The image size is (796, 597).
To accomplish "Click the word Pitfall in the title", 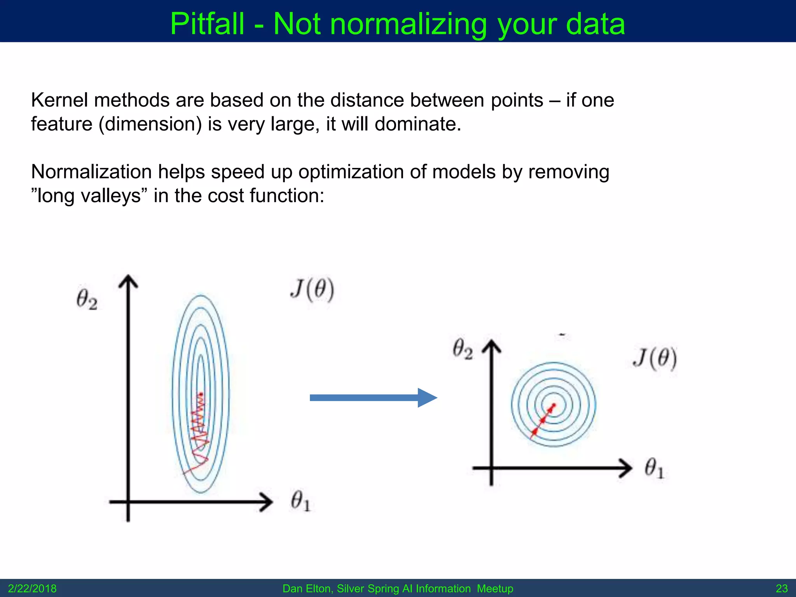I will (x=207, y=24).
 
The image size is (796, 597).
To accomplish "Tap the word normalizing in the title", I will (x=408, y=24).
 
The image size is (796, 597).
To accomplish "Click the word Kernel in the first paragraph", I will (x=59, y=100).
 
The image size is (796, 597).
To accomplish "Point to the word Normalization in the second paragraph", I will (x=91, y=172).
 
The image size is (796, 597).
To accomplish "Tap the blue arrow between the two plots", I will (x=373, y=398).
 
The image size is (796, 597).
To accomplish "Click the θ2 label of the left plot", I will (x=87, y=300).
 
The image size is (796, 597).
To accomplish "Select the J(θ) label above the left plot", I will (x=312, y=290).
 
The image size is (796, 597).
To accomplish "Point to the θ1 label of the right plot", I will (x=655, y=468).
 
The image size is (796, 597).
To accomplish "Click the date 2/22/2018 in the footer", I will (x=32, y=588).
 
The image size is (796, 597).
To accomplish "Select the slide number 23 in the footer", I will (x=782, y=588).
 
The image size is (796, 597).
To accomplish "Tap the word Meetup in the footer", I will (x=495, y=588).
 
